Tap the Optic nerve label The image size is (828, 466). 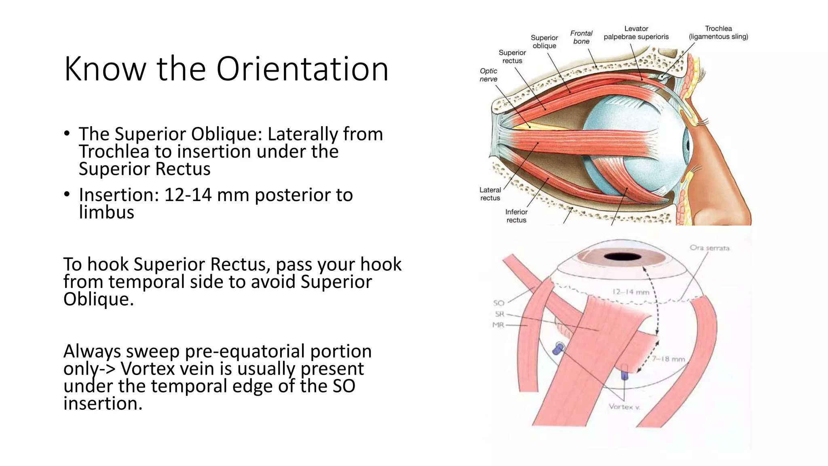pyautogui.click(x=488, y=75)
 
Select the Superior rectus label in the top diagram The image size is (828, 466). pyautogui.click(x=512, y=57)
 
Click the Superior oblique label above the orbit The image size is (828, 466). pyautogui.click(x=544, y=42)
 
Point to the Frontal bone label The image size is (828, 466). pyautogui.click(x=581, y=37)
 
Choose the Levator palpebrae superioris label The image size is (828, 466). pyautogui.click(x=636, y=33)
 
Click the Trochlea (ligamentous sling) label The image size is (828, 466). pyautogui.click(x=718, y=33)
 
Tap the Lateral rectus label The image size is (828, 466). pyautogui.click(x=490, y=194)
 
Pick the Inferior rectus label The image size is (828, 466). pyautogui.click(x=516, y=216)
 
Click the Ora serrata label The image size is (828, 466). pyautogui.click(x=710, y=248)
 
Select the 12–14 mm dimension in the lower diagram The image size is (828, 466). pyautogui.click(x=631, y=292)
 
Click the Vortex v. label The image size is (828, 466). pyautogui.click(x=624, y=407)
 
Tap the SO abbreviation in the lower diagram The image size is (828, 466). pyautogui.click(x=499, y=303)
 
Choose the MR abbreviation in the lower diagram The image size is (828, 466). pyautogui.click(x=498, y=325)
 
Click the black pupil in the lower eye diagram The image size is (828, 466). pyautogui.click(x=622, y=256)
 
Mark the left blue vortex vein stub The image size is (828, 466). pyautogui.click(x=558, y=348)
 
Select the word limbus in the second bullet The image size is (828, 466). pyautogui.click(x=106, y=212)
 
